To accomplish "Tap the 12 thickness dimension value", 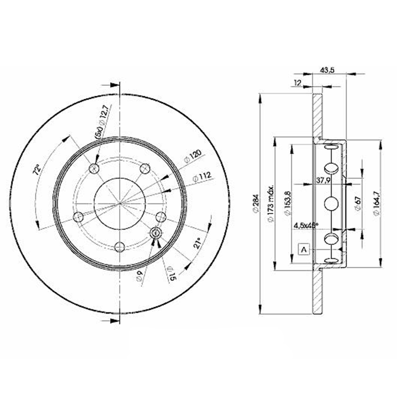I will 298,83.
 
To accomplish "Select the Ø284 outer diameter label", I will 254,204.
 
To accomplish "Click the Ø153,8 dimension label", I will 287,204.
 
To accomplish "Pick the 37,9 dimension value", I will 324,180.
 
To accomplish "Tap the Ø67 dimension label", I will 357,204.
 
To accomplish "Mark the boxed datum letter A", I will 303,249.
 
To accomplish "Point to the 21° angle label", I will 197,243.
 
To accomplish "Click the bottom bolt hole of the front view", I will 120,247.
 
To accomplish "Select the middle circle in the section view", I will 331,203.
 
